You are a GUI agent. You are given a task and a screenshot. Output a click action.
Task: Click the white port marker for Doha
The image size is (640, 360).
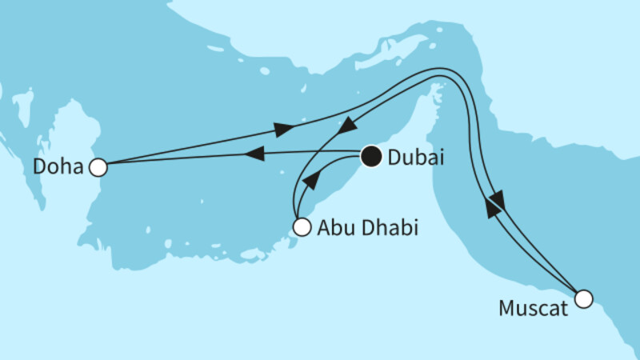coord(98,167)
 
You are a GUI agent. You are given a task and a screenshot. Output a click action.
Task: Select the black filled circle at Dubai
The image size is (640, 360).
coord(370,157)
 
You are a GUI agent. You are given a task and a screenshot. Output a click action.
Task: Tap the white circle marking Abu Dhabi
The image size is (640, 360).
coord(302,226)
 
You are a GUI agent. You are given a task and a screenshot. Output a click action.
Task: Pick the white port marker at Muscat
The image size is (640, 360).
coord(584,299)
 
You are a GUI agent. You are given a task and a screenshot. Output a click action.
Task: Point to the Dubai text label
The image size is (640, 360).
coord(414,158)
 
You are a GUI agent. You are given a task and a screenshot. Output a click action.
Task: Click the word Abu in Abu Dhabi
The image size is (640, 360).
coord(333,227)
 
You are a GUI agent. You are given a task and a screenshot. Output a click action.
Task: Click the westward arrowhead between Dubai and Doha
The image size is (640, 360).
coord(254,154)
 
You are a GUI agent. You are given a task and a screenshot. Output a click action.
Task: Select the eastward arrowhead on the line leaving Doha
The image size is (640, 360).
coord(285,129)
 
